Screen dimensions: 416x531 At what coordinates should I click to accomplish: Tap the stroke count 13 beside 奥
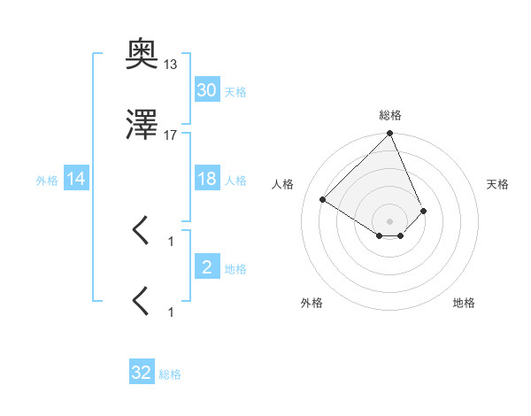coord(170,65)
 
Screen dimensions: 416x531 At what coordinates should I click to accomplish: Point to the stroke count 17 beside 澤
coord(170,135)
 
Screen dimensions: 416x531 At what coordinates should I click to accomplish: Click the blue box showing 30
coord(207,90)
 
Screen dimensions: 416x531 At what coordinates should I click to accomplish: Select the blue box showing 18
coord(207,179)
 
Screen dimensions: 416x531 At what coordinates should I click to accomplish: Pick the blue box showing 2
coord(207,267)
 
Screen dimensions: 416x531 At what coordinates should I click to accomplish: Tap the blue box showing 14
coord(76,180)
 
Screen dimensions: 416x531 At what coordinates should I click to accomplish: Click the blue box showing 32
coord(142,374)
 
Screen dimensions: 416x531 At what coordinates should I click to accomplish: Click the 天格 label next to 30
coord(235,92)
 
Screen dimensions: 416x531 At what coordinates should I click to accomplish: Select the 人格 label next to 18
coord(235,181)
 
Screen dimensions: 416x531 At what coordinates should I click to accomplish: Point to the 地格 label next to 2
coord(235,269)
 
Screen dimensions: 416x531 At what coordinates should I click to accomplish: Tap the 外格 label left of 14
coord(47,181)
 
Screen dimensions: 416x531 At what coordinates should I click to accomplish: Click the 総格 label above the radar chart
coord(390,115)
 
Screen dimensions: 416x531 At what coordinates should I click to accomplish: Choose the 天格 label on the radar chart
coord(498,184)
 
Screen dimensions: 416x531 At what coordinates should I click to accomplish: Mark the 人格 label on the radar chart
coord(282,184)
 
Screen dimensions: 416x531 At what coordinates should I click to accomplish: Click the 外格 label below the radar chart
coord(312,303)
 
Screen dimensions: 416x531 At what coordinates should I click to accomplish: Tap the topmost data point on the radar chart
coord(390,135)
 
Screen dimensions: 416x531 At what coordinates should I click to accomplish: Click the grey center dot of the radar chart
coord(390,220)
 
